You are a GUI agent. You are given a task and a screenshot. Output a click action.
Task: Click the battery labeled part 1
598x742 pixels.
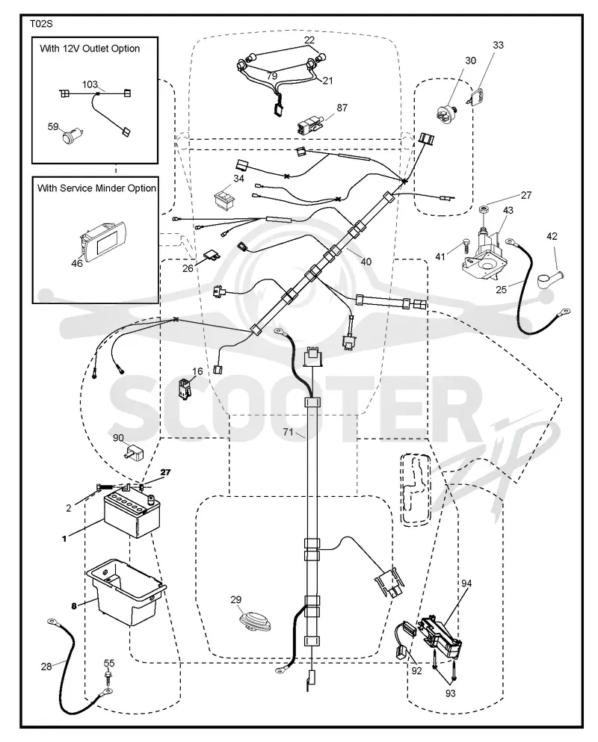[132, 514]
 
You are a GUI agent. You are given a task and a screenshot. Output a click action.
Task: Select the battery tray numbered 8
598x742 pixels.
[126, 592]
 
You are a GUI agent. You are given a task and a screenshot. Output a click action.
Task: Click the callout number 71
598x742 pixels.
[289, 432]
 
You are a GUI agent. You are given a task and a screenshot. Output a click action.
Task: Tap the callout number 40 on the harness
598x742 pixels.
[366, 262]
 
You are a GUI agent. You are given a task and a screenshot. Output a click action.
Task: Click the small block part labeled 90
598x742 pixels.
[134, 452]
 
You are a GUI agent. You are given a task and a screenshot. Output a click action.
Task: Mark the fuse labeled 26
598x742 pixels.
[212, 256]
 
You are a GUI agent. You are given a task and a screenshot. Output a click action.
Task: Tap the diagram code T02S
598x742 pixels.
[41, 24]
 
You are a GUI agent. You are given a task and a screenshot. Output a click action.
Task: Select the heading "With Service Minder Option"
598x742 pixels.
[96, 188]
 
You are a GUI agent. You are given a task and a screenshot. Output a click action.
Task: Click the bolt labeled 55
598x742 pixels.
[110, 678]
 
